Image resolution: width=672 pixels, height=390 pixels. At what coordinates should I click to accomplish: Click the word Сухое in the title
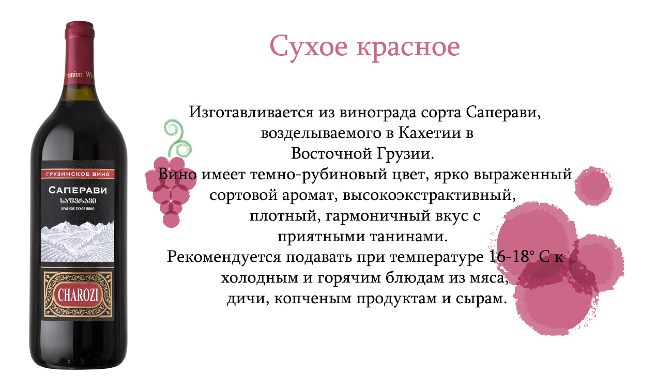tap(309, 47)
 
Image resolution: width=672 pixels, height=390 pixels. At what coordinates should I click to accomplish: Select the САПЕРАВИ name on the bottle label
tap(78, 190)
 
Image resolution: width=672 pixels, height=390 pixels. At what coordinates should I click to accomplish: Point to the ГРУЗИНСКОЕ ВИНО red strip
tap(78, 174)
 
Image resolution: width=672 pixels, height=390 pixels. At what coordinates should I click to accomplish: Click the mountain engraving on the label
tap(78, 241)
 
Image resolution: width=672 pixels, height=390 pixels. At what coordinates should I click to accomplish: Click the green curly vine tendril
tap(177, 138)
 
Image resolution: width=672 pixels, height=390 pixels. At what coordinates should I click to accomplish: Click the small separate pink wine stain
tap(593, 186)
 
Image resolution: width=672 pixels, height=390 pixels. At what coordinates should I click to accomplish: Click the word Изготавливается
tap(251, 113)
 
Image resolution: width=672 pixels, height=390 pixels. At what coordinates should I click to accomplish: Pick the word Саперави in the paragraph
tap(503, 113)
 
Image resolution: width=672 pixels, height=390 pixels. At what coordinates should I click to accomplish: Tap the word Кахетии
tap(429, 133)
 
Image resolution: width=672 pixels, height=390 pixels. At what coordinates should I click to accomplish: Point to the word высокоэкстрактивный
tap(429, 195)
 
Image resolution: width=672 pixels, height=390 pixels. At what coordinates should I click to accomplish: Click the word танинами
tap(408, 236)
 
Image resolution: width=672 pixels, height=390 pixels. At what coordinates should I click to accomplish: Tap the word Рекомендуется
tap(223, 257)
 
